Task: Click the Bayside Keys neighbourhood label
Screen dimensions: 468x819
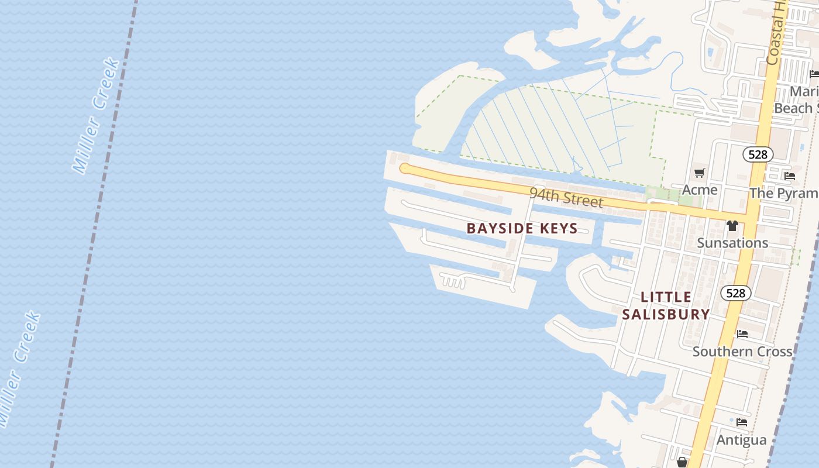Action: (x=522, y=228)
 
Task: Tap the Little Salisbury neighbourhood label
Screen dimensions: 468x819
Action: (x=666, y=305)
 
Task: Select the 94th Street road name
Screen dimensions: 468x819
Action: (x=566, y=197)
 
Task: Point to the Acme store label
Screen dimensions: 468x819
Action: (x=700, y=190)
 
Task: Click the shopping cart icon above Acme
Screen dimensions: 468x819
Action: (x=699, y=173)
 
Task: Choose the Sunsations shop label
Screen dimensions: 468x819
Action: (x=732, y=242)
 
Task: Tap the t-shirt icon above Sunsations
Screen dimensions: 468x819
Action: (x=732, y=225)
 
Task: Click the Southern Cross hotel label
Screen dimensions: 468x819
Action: (x=742, y=351)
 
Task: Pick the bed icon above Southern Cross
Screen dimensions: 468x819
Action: (x=742, y=334)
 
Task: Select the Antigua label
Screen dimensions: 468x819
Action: (x=741, y=439)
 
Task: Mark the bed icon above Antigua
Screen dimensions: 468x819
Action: (x=742, y=422)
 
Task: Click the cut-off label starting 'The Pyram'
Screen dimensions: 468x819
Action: (x=784, y=192)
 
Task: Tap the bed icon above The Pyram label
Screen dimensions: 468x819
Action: (x=789, y=175)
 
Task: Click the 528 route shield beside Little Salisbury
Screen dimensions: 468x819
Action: (x=735, y=292)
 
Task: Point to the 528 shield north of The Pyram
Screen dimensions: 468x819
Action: (x=758, y=154)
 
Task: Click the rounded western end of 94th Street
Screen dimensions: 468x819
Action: (x=404, y=168)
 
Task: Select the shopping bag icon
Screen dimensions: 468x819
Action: (x=682, y=462)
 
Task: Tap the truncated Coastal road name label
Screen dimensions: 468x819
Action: (x=777, y=32)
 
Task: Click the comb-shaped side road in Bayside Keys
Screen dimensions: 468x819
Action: (x=453, y=281)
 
